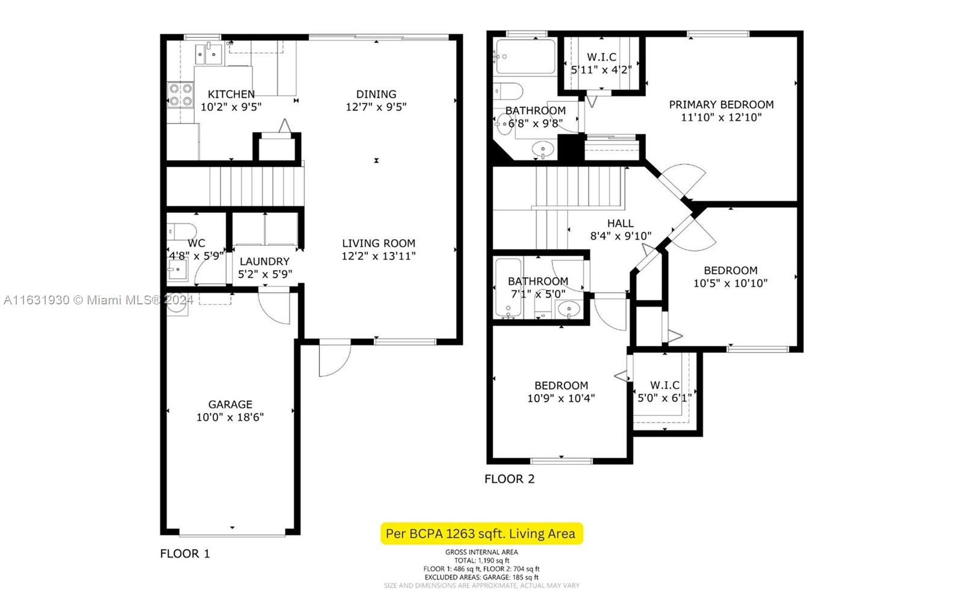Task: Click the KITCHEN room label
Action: [x=231, y=94]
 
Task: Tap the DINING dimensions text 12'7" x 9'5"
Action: [x=376, y=107]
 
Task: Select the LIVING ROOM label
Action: [x=379, y=244]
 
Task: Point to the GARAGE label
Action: [x=230, y=404]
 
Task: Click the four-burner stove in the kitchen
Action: [x=180, y=95]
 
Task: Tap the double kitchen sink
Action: [x=208, y=54]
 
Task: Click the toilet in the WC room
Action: [x=181, y=231]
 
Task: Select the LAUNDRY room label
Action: [x=264, y=262]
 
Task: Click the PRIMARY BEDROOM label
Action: [x=721, y=105]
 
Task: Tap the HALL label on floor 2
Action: [x=621, y=224]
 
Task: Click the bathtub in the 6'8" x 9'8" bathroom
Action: [x=525, y=57]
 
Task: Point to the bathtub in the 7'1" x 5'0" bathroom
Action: [x=509, y=288]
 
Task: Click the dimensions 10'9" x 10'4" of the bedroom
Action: [x=561, y=398]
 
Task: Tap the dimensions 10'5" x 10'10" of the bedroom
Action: [x=731, y=283]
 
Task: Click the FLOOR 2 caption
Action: [x=510, y=479]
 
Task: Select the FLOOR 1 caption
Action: [x=185, y=553]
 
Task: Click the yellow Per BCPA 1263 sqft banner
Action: [x=481, y=534]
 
